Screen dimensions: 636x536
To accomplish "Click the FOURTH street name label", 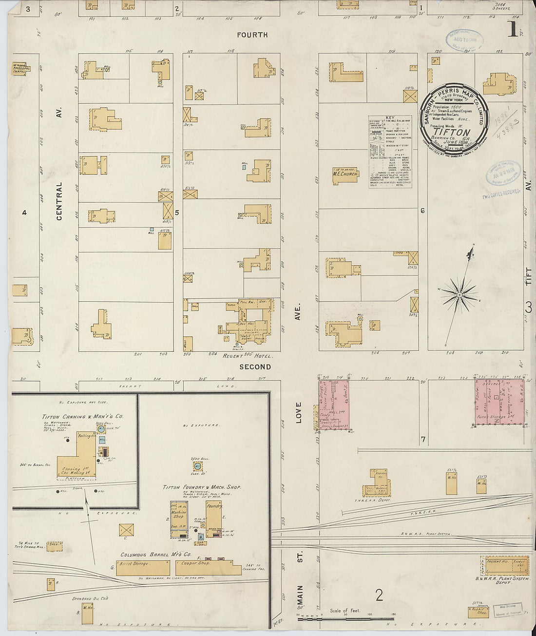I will [252, 35].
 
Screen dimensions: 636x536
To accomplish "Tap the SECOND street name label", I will [255, 366].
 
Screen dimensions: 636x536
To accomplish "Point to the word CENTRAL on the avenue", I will [59, 201].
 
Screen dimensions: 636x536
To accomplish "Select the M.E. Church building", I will [345, 174].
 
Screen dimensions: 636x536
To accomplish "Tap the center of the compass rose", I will [459, 294].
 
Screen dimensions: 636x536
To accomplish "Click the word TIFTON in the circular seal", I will [452, 132].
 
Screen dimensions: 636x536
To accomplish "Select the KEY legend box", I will [390, 152].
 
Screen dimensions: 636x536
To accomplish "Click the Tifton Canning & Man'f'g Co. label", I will [82, 417].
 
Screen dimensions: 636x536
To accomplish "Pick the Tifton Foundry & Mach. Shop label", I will [202, 487].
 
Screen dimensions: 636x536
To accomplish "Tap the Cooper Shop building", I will [208, 567].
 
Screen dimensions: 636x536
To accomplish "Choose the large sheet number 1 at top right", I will [512, 29].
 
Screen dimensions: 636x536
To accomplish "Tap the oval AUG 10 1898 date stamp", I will [464, 39].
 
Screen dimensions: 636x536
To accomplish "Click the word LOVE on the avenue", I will [298, 412].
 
